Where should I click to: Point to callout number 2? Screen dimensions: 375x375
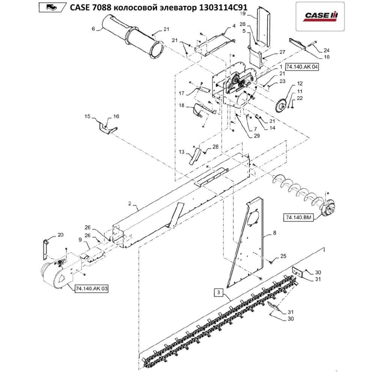[129, 204]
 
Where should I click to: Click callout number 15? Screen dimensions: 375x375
[87, 117]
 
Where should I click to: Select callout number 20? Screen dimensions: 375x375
[60, 235]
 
